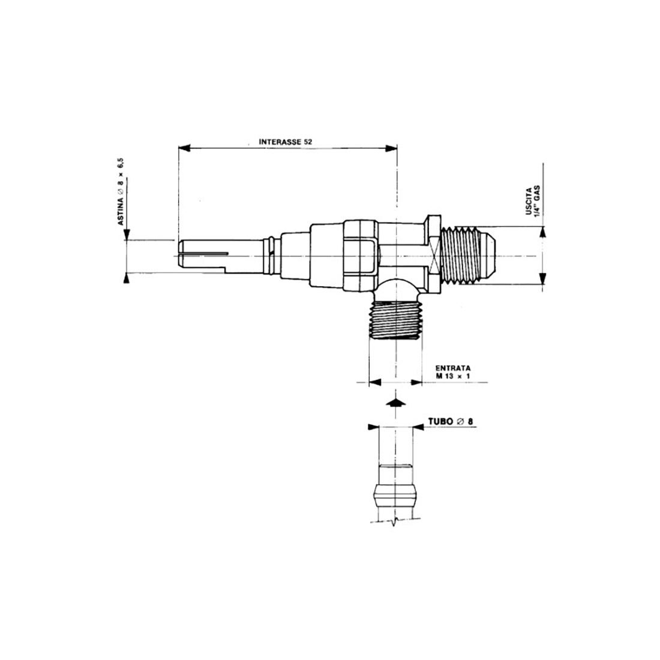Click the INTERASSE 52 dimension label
tap(286, 142)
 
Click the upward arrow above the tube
tap(393, 403)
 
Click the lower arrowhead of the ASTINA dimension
tap(125, 277)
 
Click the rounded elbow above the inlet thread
tap(398, 289)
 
